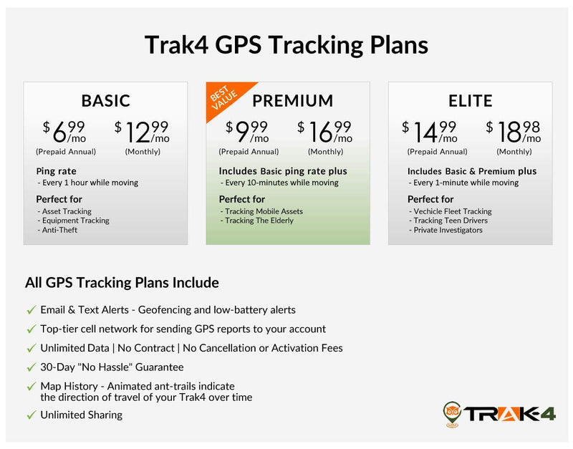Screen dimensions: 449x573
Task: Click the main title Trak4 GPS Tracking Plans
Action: (286, 45)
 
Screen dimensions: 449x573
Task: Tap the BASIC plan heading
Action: (105, 101)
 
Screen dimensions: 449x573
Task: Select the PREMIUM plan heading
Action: (292, 101)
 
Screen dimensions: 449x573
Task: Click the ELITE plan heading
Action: (470, 101)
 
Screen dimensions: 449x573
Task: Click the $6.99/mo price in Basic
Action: (65, 132)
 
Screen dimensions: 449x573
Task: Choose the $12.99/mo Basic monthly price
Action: (142, 132)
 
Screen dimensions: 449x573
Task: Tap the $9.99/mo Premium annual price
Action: (248, 132)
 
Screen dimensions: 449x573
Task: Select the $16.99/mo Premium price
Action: (325, 132)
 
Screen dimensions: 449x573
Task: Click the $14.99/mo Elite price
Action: (430, 132)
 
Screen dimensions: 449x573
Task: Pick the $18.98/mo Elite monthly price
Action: (514, 132)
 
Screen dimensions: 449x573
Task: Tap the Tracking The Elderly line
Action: (259, 221)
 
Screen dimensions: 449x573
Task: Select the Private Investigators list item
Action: (448, 230)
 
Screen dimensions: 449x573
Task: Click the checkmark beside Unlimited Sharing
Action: (31, 415)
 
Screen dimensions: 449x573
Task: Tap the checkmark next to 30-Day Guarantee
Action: (31, 367)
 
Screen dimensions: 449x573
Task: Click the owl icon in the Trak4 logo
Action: (452, 412)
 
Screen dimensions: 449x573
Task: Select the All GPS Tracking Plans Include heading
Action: (122, 283)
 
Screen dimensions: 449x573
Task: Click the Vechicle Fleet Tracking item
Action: (452, 211)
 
